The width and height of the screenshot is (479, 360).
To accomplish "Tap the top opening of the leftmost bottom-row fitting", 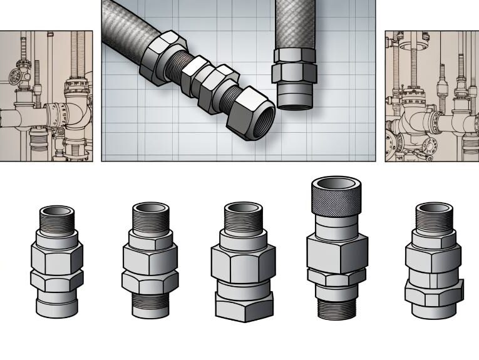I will click(57, 213).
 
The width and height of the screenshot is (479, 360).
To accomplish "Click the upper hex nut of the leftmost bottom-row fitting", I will click(57, 257).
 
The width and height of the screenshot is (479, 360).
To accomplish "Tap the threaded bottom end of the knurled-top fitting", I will click(336, 311).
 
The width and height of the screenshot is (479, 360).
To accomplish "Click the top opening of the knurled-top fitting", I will click(336, 186).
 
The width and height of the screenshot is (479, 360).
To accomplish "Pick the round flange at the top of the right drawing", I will click(410, 45).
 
